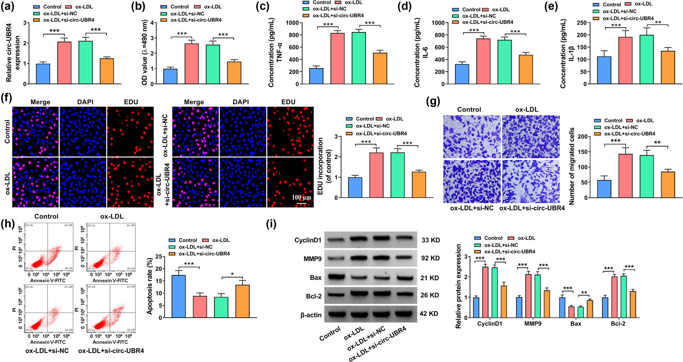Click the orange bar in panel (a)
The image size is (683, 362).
(107, 71)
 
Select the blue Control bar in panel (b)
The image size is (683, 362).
(170, 76)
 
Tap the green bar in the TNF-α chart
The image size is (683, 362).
(359, 58)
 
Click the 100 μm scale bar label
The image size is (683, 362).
(301, 198)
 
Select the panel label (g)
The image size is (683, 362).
(433, 101)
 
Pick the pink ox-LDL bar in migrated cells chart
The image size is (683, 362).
(625, 176)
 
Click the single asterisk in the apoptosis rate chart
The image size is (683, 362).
(232, 274)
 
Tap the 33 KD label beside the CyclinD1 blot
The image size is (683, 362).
(430, 240)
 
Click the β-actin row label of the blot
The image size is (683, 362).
(311, 315)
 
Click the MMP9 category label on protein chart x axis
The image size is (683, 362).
(532, 323)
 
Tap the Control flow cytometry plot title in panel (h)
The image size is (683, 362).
(46, 216)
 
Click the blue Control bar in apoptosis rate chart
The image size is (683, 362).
(179, 296)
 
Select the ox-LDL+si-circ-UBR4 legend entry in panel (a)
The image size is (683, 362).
(68, 20)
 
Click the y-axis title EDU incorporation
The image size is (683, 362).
(320, 166)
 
